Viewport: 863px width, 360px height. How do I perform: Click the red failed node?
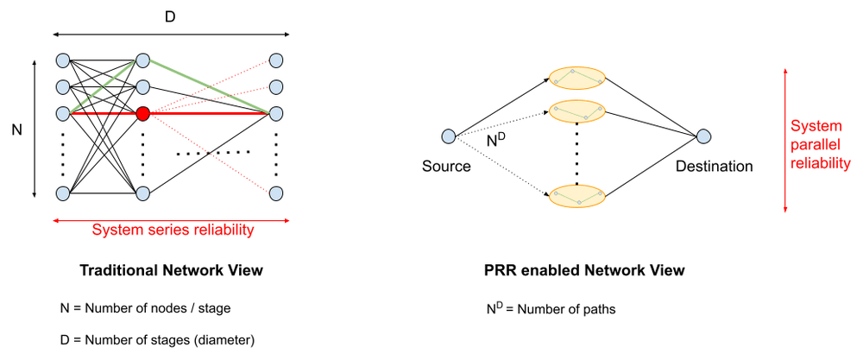tap(143, 113)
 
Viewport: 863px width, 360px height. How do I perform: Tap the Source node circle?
tap(447, 136)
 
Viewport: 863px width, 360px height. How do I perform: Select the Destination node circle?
tap(704, 136)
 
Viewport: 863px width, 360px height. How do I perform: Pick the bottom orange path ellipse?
tap(577, 195)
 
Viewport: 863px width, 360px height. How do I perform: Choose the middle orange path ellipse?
tap(577, 111)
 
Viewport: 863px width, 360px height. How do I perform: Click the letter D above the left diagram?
tap(170, 16)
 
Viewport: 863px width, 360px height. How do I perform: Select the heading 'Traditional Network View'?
tap(171, 271)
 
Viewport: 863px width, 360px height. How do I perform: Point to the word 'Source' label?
tap(446, 166)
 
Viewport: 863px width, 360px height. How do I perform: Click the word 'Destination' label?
tap(715, 166)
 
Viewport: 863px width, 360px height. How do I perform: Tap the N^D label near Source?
tap(495, 138)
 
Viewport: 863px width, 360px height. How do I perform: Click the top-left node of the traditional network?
tap(62, 60)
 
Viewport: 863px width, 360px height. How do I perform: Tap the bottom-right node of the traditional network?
tap(276, 193)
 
